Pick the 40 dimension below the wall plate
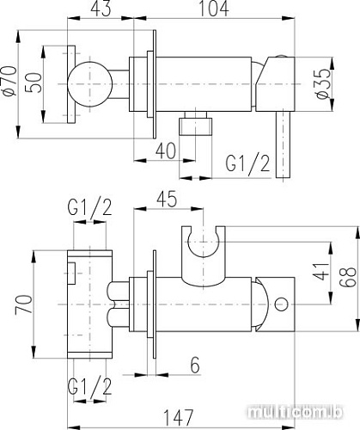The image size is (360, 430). tap(165, 150)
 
